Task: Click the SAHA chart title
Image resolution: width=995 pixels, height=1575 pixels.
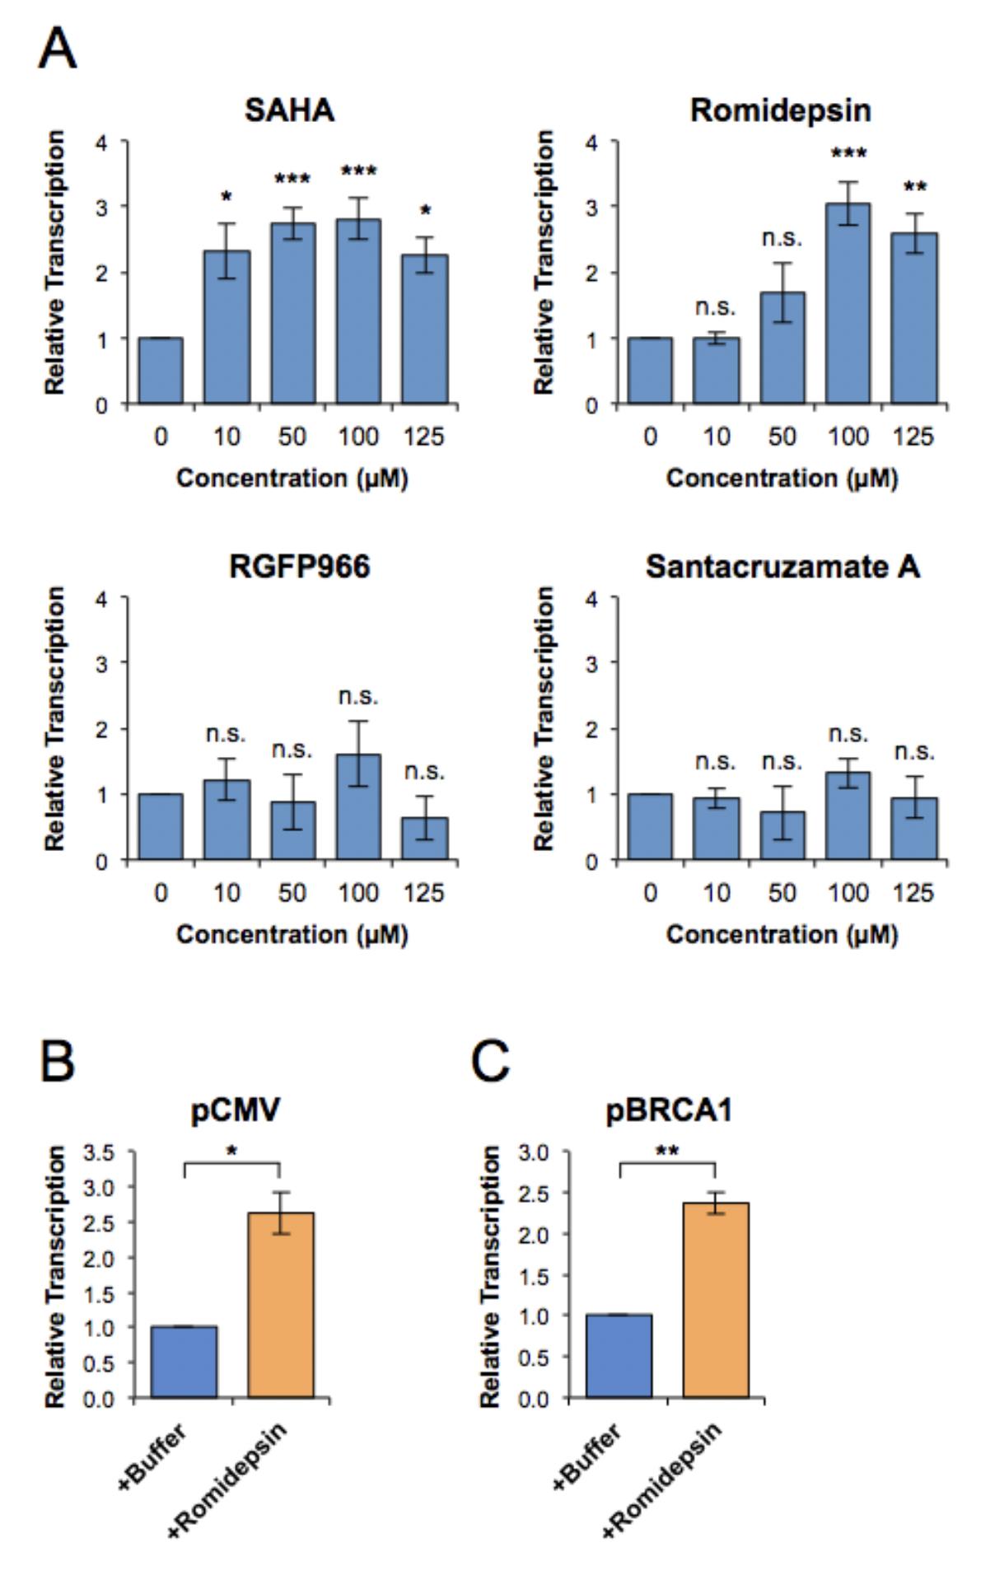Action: click(289, 110)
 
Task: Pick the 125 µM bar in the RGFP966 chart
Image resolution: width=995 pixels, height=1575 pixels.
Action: click(424, 839)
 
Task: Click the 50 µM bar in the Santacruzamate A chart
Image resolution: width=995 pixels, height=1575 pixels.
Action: click(782, 836)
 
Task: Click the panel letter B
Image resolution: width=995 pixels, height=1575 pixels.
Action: click(58, 1062)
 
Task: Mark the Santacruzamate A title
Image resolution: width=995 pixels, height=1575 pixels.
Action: click(782, 567)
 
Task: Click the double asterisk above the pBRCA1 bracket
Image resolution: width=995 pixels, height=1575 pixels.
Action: click(667, 1152)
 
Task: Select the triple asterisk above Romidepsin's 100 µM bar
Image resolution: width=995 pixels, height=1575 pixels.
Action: click(848, 154)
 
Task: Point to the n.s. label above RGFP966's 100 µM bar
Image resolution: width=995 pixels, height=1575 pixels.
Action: click(358, 697)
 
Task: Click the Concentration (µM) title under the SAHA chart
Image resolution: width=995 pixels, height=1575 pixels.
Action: click(292, 478)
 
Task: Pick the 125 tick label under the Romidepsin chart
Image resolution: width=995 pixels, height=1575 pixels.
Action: click(913, 436)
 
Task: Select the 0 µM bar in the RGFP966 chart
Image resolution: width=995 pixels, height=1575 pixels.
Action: click(161, 827)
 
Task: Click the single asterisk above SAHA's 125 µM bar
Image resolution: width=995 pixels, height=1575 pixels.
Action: click(425, 212)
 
